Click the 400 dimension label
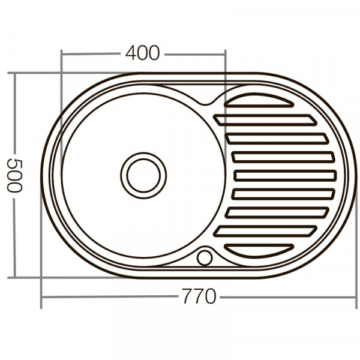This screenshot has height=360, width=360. click(143, 53)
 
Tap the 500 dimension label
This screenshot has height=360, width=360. click(14, 176)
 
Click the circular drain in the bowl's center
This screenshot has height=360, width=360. click(143, 175)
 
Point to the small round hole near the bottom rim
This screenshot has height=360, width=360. click(205, 257)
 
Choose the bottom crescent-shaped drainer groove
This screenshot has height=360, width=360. click(259, 250)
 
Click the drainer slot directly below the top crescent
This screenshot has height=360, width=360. click(264, 120)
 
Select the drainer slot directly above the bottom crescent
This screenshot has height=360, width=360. click(264, 230)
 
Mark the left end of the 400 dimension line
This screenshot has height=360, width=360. click(61, 54)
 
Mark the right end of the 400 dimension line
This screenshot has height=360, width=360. click(225, 54)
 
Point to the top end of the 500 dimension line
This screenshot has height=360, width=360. click(14, 74)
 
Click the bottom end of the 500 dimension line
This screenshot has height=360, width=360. click(14, 278)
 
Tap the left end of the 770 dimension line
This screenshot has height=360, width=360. click(41, 297)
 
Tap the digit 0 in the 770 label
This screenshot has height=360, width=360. click(209, 296)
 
